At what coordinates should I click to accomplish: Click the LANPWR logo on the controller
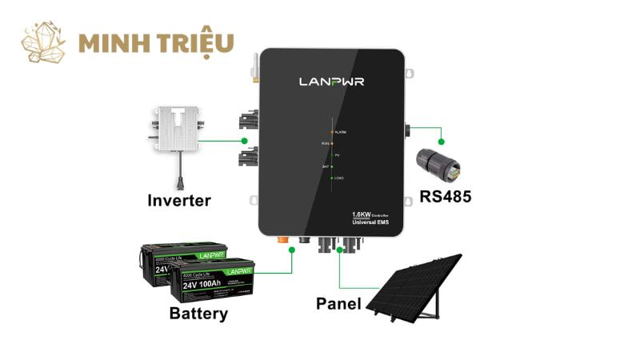[x=331, y=82]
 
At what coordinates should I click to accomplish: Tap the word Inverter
[x=179, y=199]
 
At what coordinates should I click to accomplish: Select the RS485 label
[x=445, y=196]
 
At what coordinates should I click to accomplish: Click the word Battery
[x=198, y=313]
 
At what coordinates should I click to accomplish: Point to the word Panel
[x=338, y=303]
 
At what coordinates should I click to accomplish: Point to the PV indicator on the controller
[x=333, y=154]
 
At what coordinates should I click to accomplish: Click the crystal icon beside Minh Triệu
[x=43, y=42]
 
